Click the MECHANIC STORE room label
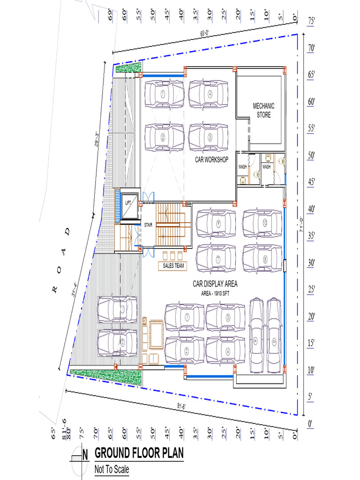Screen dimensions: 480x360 coord(263,110)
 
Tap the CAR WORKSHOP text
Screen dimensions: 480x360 coord(212,160)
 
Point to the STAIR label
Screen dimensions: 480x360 coord(149,224)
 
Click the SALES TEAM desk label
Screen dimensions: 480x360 coord(173,266)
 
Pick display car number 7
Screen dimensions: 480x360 coord(216,258)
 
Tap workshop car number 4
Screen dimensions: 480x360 coord(209,94)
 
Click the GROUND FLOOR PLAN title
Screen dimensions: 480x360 coord(139,453)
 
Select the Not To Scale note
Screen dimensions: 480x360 coord(112,469)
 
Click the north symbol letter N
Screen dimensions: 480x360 coord(85,454)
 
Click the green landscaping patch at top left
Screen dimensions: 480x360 coord(127,68)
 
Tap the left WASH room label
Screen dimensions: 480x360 coord(242,167)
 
